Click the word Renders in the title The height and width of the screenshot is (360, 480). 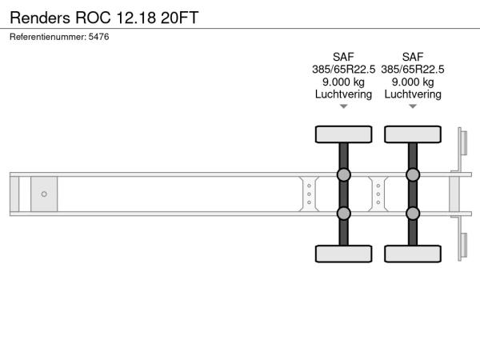(40, 18)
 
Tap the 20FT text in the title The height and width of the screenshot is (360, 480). (180, 18)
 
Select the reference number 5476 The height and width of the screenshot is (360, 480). (98, 37)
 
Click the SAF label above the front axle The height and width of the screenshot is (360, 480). (343, 57)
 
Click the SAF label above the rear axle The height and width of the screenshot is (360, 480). (413, 57)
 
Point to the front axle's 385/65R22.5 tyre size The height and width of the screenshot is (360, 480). (343, 70)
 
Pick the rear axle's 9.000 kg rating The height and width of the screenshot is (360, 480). (413, 82)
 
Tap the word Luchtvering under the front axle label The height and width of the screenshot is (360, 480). (343, 94)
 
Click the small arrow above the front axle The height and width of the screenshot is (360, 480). (343, 106)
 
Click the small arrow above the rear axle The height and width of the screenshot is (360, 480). (413, 106)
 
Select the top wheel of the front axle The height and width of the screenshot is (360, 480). (343, 134)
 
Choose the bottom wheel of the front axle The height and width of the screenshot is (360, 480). (343, 254)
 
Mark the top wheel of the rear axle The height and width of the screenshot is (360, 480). (413, 134)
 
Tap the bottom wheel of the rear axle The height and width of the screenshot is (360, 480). (413, 254)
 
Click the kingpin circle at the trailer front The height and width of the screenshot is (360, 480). (44, 194)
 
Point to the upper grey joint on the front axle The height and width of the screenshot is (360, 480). (343, 174)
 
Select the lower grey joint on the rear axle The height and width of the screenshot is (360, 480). (413, 214)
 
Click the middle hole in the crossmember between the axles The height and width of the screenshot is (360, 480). (378, 194)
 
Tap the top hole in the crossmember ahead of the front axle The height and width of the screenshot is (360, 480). (309, 186)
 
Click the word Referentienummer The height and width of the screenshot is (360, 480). (48, 37)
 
